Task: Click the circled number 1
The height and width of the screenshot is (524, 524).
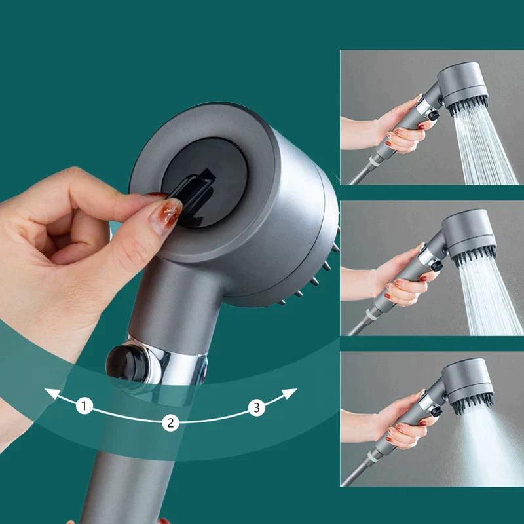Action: tap(84, 406)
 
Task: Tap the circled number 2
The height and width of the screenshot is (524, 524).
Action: tap(170, 422)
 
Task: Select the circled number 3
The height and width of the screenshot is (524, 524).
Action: tap(257, 408)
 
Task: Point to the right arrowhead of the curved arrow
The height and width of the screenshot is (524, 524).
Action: tap(292, 392)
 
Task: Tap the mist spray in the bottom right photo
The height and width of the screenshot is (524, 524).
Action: tap(481, 445)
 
